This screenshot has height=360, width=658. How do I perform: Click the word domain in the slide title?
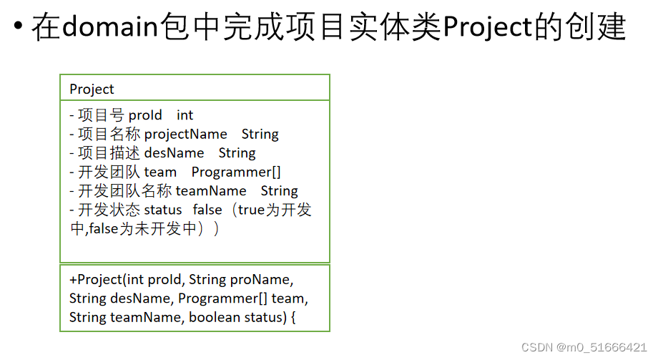coord(109,28)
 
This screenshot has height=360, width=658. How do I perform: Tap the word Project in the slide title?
coord(488,28)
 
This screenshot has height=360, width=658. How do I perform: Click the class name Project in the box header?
coord(92,89)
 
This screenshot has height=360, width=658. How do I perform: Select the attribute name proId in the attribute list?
coord(145,115)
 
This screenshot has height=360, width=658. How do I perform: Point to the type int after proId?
coord(185,115)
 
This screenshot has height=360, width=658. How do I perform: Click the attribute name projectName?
coord(185,135)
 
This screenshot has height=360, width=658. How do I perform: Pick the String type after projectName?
coord(260,135)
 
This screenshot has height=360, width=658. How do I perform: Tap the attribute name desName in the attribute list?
coord(174,153)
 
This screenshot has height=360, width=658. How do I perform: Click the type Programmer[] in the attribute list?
coord(236,172)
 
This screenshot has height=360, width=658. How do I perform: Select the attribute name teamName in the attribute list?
coord(211,191)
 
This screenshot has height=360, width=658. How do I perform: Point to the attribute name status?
coord(163,210)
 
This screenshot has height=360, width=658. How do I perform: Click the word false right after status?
coord(207,210)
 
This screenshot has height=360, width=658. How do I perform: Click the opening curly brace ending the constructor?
coord(293,317)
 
